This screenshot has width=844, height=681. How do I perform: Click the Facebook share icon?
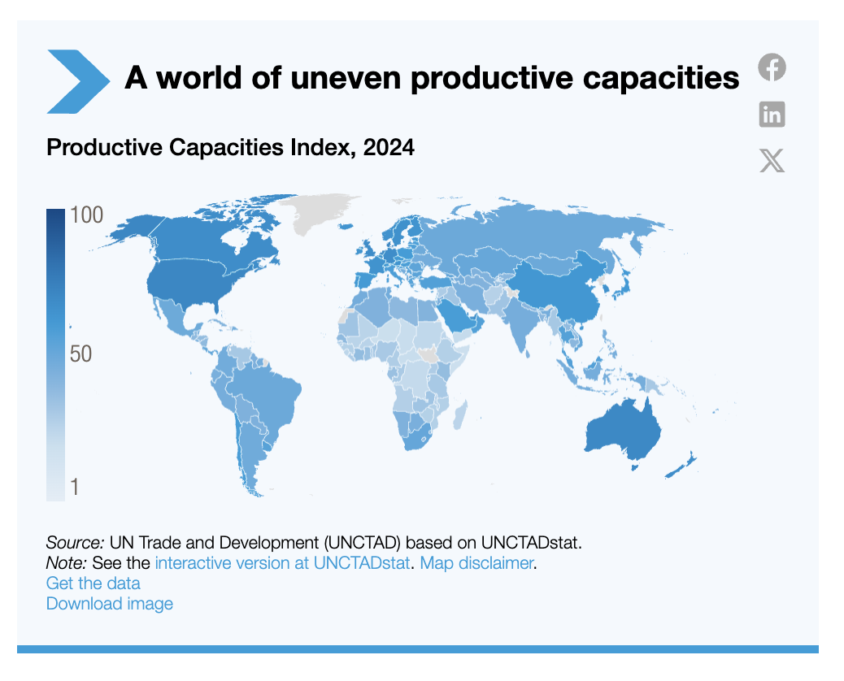(772, 67)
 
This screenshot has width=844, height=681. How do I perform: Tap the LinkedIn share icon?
(772, 114)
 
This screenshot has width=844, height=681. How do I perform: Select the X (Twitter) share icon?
(772, 160)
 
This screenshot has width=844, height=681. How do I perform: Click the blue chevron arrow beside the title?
(78, 81)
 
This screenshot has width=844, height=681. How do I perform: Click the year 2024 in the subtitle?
(389, 148)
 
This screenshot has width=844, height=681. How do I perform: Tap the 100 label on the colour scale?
(86, 216)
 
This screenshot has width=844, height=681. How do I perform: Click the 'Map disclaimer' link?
(476, 562)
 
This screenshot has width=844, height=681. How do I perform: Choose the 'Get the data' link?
(94, 583)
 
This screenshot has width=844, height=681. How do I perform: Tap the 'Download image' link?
(110, 604)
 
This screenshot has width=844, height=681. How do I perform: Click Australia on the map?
(622, 427)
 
